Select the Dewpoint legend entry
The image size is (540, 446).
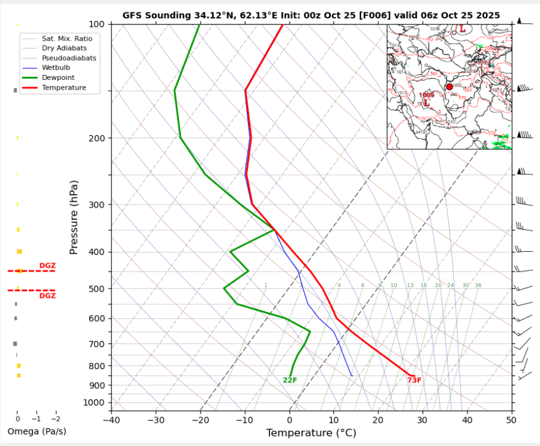(x=58, y=77)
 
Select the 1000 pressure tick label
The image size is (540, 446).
(x=95, y=402)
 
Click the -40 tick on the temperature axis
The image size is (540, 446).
(x=111, y=420)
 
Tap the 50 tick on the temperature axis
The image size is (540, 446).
(x=511, y=420)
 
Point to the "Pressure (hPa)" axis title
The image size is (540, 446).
(x=74, y=217)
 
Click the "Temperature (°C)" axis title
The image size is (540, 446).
(x=311, y=433)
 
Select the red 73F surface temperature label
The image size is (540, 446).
(x=414, y=380)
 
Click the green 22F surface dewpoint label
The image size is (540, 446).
(x=290, y=380)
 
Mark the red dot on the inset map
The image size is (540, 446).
(x=450, y=87)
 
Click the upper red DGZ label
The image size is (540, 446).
(x=47, y=265)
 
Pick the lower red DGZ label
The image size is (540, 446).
(x=47, y=295)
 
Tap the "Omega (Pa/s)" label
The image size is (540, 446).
(x=36, y=431)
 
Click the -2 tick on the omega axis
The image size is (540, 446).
(x=55, y=418)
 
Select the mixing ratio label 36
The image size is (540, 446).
(x=478, y=286)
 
